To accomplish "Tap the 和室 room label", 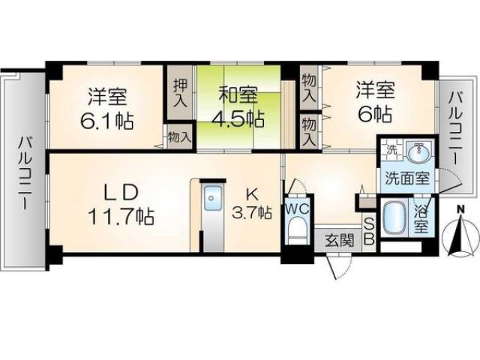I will (238, 96).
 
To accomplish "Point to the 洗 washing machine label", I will (391, 148).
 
